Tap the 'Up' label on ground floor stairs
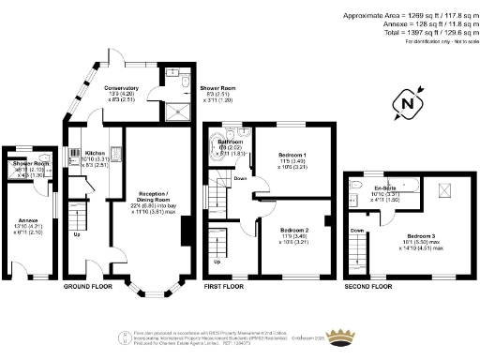pyautogui.click(x=77, y=234)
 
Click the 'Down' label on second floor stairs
pyautogui.click(x=356, y=229)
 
